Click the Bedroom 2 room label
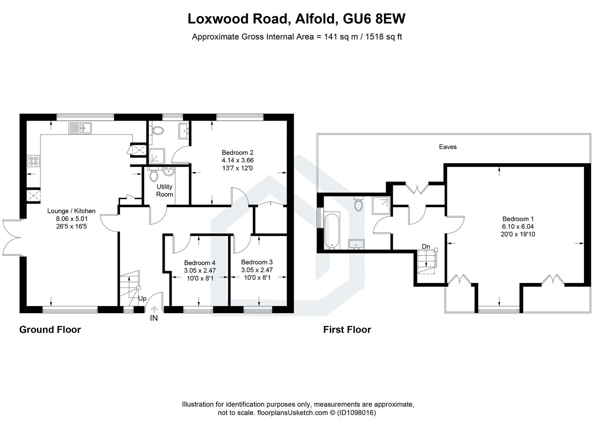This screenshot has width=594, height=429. [237, 152]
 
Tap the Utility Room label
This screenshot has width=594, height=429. [164, 190]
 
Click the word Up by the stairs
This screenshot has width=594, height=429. [142, 298]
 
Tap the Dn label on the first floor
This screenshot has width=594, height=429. [426, 246]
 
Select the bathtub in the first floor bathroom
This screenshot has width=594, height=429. [332, 230]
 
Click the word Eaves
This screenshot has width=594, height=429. [448, 147]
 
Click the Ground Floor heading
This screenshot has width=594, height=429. [50, 329]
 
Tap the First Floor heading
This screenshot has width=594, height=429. [347, 329]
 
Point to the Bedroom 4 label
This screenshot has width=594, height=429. [199, 263]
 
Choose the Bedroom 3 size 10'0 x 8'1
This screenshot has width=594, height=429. [257, 277]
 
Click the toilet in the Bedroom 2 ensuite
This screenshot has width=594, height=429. [158, 130]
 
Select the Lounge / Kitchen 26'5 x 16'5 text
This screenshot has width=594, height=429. [71, 226]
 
